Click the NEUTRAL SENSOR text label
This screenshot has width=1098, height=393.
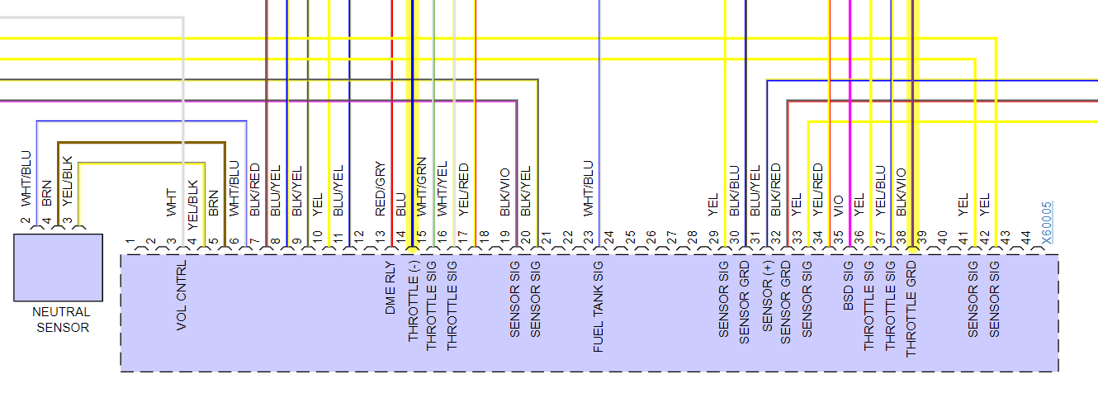(60, 320)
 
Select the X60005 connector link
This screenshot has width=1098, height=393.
(1048, 223)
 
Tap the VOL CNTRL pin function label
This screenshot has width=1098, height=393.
(182, 297)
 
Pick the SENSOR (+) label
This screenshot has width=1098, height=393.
(766, 296)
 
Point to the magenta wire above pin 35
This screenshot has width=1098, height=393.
(849, 124)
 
